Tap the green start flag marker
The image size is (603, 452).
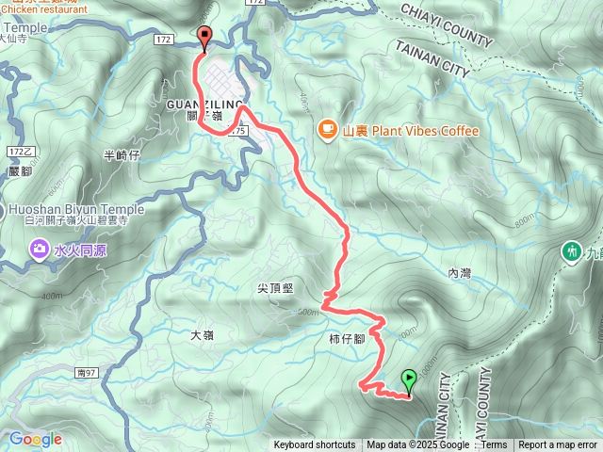(x=408, y=379)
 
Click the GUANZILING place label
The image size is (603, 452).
(x=204, y=104)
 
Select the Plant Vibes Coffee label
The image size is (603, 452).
(x=411, y=131)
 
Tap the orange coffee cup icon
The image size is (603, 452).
(x=327, y=130)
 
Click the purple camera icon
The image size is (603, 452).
(x=40, y=250)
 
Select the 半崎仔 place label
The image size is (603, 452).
(x=121, y=154)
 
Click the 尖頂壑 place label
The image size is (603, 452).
(x=274, y=288)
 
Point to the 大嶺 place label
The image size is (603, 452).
(x=203, y=335)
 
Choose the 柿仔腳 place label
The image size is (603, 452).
(x=346, y=337)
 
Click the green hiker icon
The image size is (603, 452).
(x=571, y=251)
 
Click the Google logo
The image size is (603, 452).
(x=35, y=439)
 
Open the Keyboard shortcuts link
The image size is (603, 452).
(x=315, y=445)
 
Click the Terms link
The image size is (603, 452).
(x=494, y=445)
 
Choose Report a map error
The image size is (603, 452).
(x=558, y=445)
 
